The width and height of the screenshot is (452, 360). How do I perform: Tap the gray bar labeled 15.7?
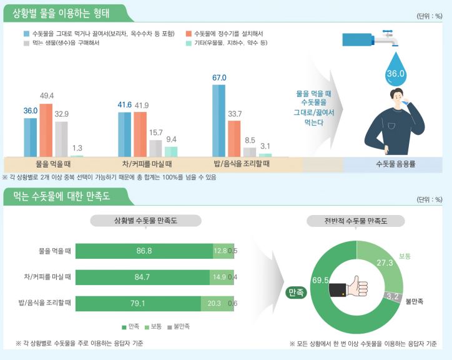point(155,147)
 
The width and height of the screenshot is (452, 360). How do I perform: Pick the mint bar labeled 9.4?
point(170,151)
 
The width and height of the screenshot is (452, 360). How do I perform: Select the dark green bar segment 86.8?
point(144,251)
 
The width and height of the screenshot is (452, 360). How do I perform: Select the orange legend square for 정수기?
point(189,32)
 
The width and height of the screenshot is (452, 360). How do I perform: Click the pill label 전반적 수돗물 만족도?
point(356,221)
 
